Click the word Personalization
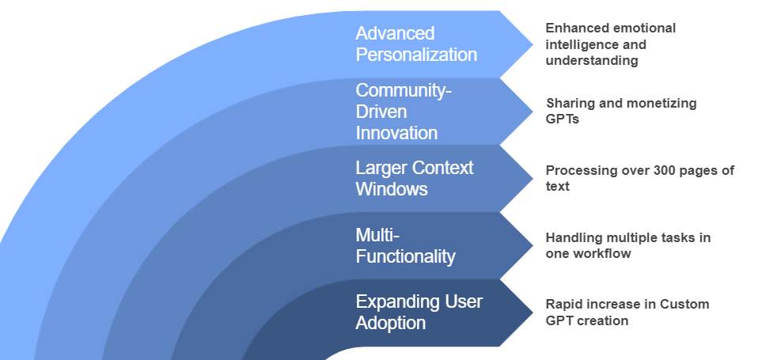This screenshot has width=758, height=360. coord(416,55)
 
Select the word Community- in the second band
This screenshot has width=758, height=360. coord(404,91)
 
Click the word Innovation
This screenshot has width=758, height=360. coord(396,132)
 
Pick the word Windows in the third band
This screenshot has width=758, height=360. coord(392,189)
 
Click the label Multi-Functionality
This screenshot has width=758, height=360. coord(405,245)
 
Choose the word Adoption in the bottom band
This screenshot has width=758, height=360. coord(391,323)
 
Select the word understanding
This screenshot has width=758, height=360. coord(592,61)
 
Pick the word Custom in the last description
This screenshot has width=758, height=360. coord(684,305)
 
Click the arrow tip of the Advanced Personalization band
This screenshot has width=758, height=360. coord(531,44)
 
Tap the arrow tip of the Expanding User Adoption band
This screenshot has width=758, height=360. coord(531,313)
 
